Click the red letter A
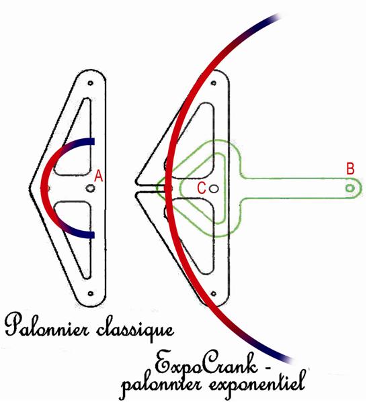click(99, 176)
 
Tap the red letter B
click(350, 169)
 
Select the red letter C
click(202, 189)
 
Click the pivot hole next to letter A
click(90, 189)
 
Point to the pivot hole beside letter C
click(214, 189)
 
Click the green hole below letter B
click(350, 188)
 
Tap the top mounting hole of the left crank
click(90, 83)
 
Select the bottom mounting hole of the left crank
click(90, 293)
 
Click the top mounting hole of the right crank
click(214, 83)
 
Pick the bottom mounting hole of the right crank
click(213, 293)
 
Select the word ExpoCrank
click(206, 364)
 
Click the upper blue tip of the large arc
click(278, 17)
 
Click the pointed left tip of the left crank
click(30, 188)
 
